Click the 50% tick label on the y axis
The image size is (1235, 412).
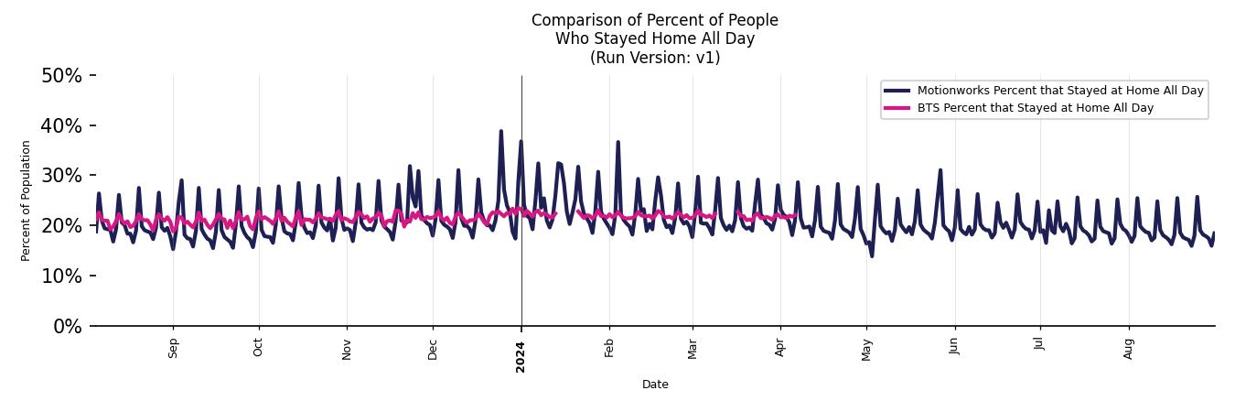(x=61, y=76)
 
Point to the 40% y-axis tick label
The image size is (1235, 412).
(x=61, y=126)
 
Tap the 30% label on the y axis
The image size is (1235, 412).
(x=61, y=176)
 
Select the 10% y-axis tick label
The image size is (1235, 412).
(x=61, y=276)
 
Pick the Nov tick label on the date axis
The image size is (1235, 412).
(x=347, y=349)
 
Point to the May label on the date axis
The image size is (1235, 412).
(x=867, y=350)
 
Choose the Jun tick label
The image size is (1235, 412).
(x=955, y=347)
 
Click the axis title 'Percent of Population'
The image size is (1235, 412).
(x=27, y=201)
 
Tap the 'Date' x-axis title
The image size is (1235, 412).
(x=655, y=385)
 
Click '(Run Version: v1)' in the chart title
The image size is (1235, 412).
(x=655, y=58)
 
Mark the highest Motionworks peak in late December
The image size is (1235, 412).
(x=500, y=131)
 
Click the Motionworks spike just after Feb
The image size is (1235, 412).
(x=617, y=142)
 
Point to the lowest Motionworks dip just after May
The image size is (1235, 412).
(x=872, y=255)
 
